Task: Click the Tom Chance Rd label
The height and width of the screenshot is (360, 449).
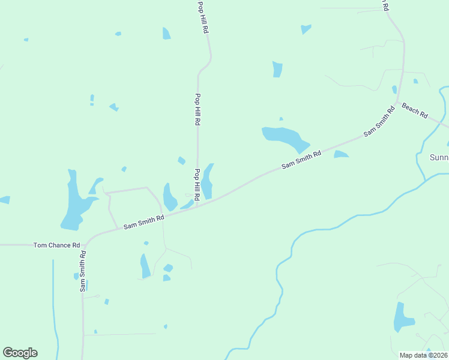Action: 57,245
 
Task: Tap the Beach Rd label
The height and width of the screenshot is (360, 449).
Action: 415,110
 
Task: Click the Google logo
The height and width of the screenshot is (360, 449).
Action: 20,353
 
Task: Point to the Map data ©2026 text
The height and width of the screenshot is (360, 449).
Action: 423,355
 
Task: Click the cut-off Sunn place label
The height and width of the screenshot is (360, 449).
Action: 439,158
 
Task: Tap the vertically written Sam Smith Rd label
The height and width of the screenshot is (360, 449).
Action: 83,271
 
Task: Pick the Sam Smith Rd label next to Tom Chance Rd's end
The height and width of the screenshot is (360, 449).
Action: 143,223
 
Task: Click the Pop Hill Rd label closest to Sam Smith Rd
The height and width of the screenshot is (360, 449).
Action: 196,184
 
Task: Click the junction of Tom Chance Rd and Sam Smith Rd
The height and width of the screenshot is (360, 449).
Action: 86,244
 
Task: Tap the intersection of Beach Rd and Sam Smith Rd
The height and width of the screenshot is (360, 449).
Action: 398,103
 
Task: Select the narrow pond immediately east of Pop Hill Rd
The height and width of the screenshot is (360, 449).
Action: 207,182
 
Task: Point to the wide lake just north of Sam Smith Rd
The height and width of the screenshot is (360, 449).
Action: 285,138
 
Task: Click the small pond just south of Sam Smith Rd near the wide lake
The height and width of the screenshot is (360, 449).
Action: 341,155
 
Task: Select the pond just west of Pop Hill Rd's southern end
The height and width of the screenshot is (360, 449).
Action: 169,197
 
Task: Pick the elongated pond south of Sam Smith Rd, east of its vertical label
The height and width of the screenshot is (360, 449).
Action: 145,266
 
